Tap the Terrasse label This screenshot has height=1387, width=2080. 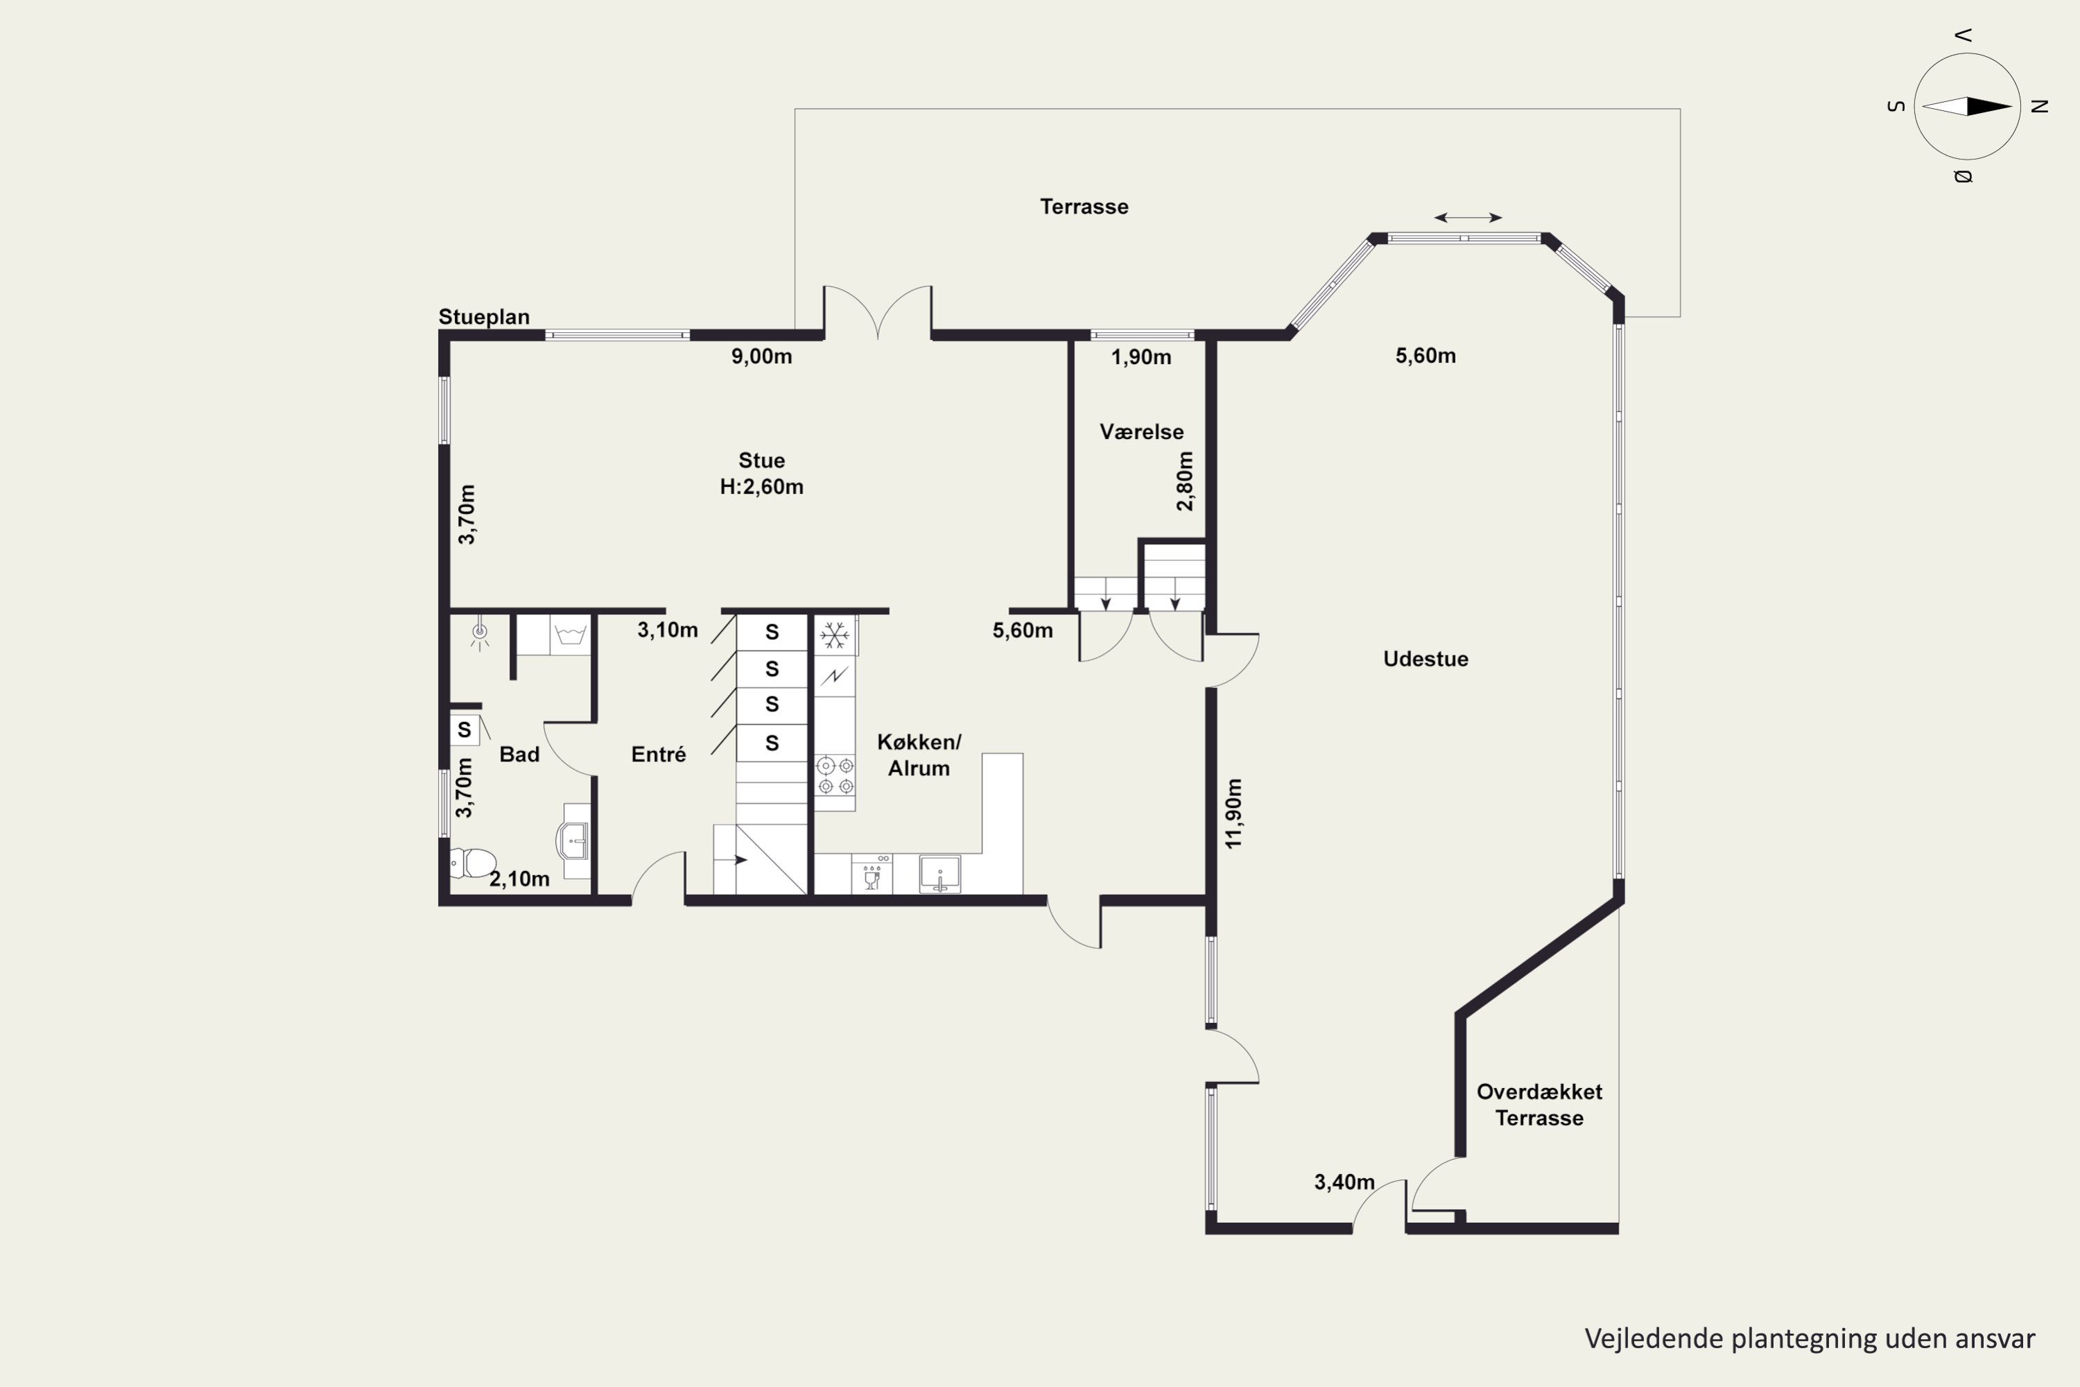1084,207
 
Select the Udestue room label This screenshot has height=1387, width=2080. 1425,659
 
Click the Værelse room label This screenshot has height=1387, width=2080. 1142,431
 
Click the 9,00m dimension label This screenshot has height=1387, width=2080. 761,357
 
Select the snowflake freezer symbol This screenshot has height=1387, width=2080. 834,635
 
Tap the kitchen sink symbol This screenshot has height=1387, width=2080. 939,874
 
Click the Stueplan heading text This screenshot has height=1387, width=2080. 484,317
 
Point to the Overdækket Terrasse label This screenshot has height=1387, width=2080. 1540,1105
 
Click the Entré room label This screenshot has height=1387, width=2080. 659,755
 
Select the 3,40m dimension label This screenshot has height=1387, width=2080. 1344,1182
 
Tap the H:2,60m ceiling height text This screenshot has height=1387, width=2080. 761,488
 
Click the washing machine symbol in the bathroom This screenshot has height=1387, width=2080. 571,635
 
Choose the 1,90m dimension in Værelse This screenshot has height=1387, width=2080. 1141,357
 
